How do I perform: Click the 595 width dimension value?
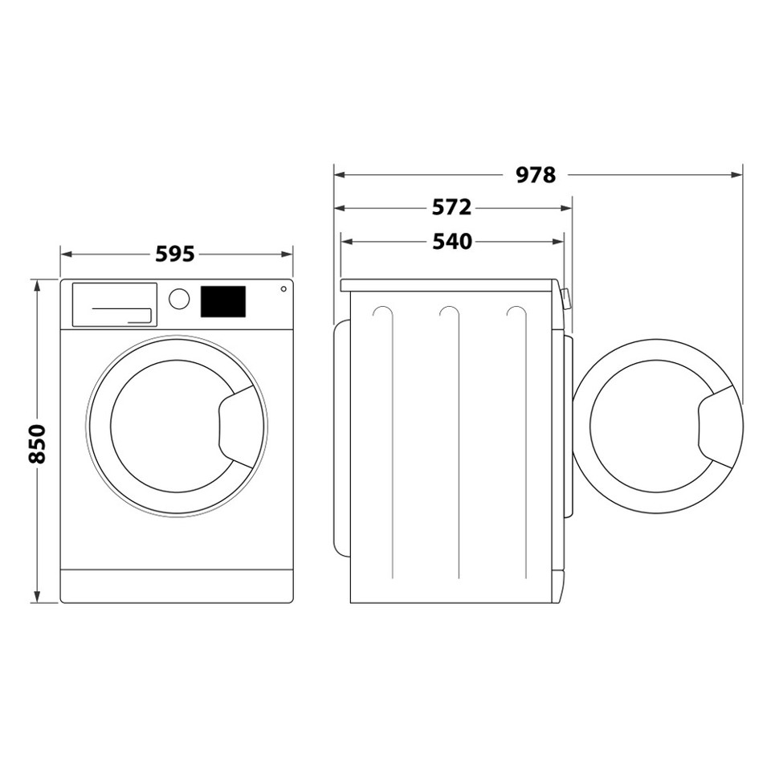point(175,254)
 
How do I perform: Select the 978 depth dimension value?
point(536,174)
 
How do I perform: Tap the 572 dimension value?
point(451,208)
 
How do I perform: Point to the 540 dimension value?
point(451,241)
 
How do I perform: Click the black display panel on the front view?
point(222,301)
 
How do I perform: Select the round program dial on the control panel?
point(179,299)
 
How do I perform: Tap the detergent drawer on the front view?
point(114,304)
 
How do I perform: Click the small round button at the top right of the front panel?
point(283,289)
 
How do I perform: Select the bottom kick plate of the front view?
point(177,586)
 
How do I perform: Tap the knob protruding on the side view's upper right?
point(566,300)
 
